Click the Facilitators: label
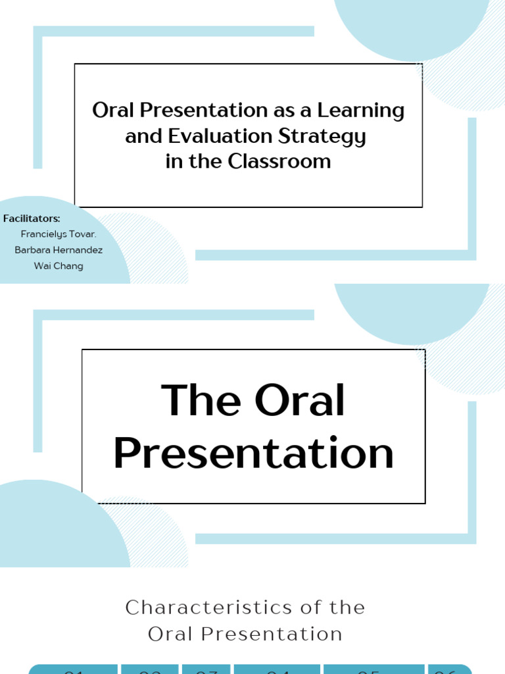pyautogui.click(x=32, y=219)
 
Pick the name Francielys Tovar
pyautogui.click(x=59, y=234)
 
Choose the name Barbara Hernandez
pyautogui.click(x=59, y=250)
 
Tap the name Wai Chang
pyautogui.click(x=59, y=266)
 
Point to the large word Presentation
pyautogui.click(x=253, y=453)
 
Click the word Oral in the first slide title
pyautogui.click(x=112, y=111)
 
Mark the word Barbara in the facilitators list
pyautogui.click(x=33, y=250)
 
